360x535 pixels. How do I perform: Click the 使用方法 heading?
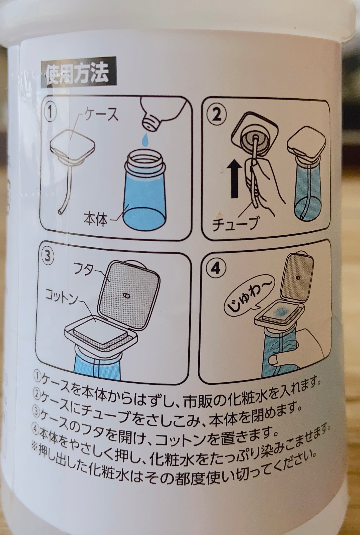coord(77,74)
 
